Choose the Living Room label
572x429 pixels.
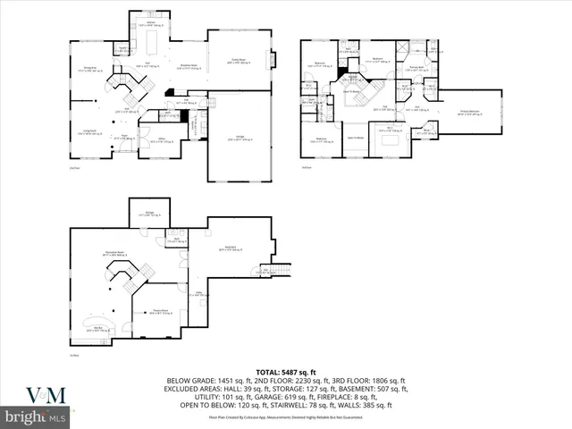[x=88, y=132]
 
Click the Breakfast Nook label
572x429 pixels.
[x=189, y=66]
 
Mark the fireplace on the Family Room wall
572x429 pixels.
[x=274, y=59]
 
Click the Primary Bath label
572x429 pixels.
[x=416, y=68]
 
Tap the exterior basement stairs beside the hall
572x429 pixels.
[x=282, y=269]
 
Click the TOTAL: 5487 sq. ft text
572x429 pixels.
[x=285, y=371]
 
